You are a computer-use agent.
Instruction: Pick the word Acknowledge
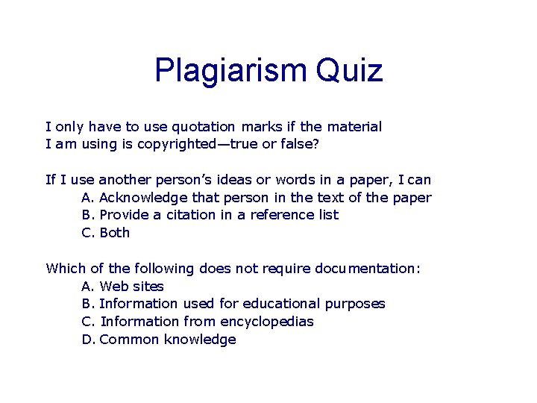pos(143,197)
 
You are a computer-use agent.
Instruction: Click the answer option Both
pos(115,233)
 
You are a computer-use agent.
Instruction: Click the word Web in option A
pos(113,287)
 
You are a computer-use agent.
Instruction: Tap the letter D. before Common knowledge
pos(88,340)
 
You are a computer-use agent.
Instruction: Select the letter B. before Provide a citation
pos(87,215)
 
